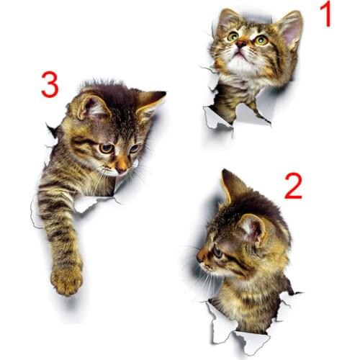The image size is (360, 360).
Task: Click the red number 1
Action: pos(325,14)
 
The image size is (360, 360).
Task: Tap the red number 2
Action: pos(293,186)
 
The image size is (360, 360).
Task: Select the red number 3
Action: pos(50,85)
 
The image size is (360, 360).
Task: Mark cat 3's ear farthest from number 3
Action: pos(149,100)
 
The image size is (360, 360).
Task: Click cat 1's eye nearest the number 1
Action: pos(261,40)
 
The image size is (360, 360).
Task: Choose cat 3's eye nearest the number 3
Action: pos(106,148)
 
